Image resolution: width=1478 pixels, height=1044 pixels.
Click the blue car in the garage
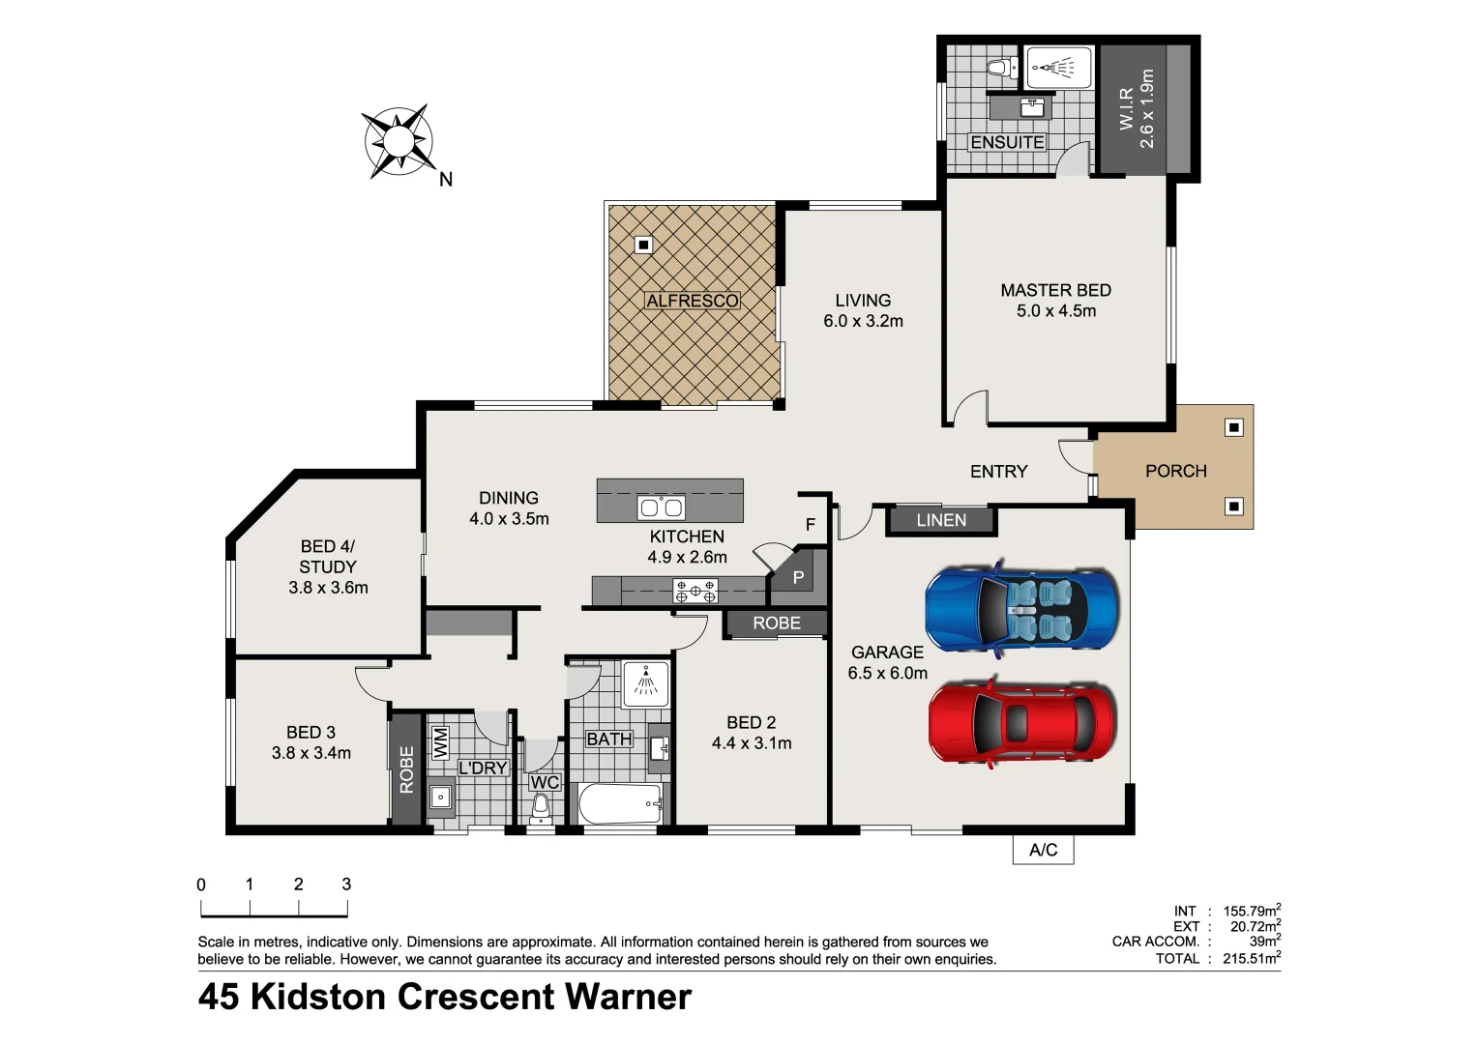click(x=1021, y=608)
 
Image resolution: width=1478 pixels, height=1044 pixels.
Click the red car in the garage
click(x=1021, y=722)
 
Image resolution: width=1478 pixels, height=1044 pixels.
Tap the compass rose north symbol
click(x=398, y=143)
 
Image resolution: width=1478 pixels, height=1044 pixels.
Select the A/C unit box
click(x=1043, y=850)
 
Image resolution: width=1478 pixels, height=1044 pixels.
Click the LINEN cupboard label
click(x=941, y=520)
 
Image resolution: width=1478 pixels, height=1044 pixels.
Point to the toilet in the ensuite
click(x=1000, y=68)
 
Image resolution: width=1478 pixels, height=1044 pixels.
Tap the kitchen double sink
click(x=661, y=507)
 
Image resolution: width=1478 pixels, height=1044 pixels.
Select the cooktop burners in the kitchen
click(x=695, y=591)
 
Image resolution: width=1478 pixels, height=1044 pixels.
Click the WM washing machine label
click(x=440, y=742)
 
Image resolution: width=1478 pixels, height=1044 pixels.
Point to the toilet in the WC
click(x=541, y=805)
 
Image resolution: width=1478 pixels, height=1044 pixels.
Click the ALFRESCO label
click(x=692, y=301)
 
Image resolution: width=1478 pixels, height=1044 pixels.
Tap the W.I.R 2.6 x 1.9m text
click(x=1137, y=108)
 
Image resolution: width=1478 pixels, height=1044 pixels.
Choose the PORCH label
click(x=1175, y=471)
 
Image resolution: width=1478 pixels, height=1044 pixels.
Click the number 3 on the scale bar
click(x=346, y=884)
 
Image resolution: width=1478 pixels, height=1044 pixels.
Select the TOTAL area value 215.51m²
click(x=1251, y=959)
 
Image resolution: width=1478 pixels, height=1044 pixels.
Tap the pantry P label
click(x=798, y=578)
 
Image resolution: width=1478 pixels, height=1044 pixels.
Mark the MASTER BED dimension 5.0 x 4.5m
click(x=1055, y=311)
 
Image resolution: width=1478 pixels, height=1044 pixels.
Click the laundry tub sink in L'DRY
click(x=440, y=797)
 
